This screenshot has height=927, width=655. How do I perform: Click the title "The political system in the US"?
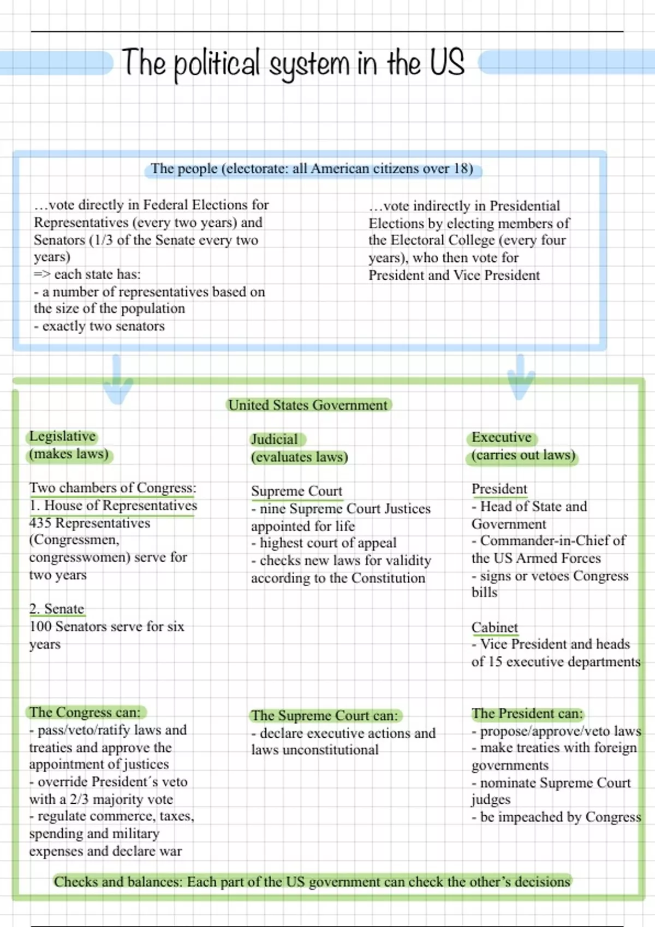[293, 63]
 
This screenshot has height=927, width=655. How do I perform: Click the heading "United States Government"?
[308, 405]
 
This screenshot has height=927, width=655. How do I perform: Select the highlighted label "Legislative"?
[62, 436]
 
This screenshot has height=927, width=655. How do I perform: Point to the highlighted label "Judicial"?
[275, 440]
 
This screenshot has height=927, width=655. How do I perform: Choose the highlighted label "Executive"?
[502, 437]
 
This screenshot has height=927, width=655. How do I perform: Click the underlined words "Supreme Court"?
[296, 491]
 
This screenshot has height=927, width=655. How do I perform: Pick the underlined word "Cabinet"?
[495, 628]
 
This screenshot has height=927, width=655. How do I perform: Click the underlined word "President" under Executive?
[499, 489]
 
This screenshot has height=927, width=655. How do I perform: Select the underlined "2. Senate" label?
[57, 609]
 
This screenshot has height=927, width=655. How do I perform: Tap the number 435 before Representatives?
[40, 523]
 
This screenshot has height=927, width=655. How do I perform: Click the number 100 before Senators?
[40, 627]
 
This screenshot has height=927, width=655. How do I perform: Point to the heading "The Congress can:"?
[85, 712]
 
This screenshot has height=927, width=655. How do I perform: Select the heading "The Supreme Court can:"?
[325, 715]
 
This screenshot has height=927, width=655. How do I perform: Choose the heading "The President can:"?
[527, 713]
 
